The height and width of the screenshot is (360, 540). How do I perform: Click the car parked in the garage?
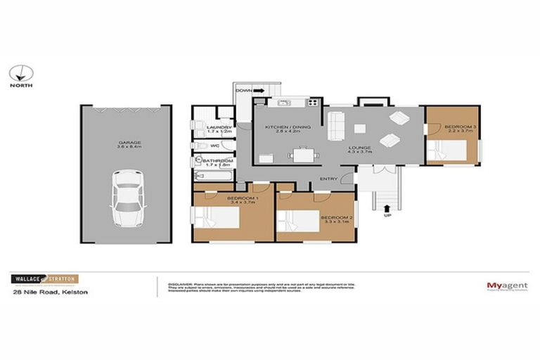coord(127,200)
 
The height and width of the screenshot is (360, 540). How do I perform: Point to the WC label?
coord(215,146)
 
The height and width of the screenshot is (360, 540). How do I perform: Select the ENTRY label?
coord(328,178)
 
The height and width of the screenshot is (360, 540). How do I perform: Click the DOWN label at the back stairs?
coord(244,91)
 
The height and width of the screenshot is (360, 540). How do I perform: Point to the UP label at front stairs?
coord(387,215)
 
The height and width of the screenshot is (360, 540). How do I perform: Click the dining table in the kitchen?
coord(304,154)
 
